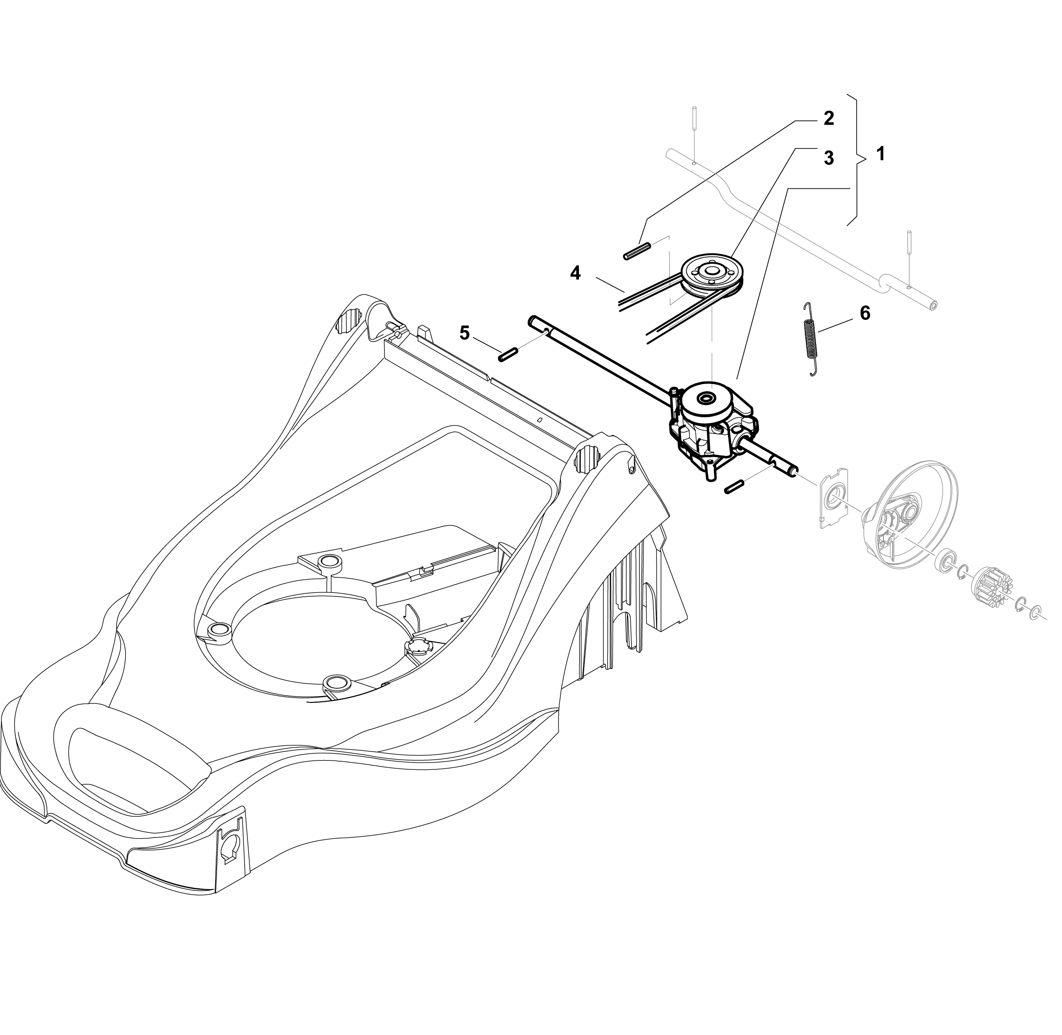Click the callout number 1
881,154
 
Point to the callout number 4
575,273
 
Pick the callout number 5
464,333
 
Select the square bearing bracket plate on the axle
834,497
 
